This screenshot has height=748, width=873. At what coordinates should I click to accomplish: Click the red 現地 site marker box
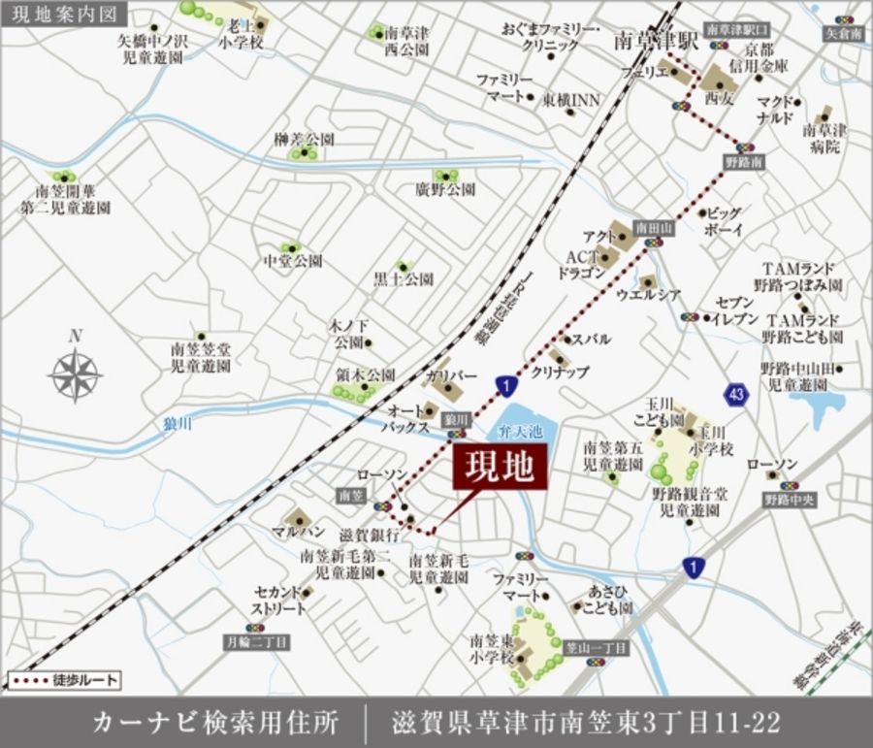tap(500, 468)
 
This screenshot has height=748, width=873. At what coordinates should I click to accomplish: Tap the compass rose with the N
tap(76, 372)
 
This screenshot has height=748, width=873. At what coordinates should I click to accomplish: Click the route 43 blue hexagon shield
tap(734, 394)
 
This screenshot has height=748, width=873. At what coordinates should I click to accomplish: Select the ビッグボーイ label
tap(723, 220)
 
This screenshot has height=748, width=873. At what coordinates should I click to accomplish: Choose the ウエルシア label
tap(648, 294)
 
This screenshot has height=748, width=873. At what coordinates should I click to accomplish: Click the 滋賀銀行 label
tap(370, 535)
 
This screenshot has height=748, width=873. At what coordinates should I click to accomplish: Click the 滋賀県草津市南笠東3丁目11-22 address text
tap(586, 722)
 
